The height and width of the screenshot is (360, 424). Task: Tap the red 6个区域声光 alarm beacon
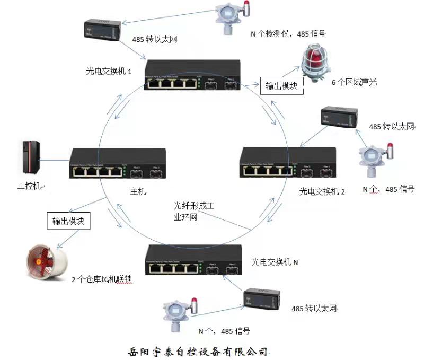click(316, 63)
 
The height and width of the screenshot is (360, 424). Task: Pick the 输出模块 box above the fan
click(68, 221)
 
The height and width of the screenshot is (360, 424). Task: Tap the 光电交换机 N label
click(275, 262)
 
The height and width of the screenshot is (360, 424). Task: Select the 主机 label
click(138, 190)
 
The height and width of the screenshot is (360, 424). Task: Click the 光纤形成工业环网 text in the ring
click(195, 212)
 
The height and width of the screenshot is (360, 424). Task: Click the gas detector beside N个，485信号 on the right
click(374, 160)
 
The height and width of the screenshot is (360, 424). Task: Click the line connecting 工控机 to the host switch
click(55, 161)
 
